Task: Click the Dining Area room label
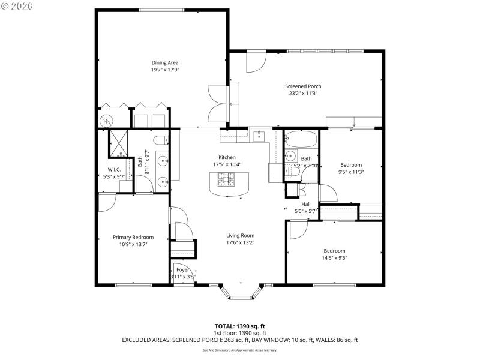click(x=164, y=62)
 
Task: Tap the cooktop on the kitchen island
click(x=228, y=178)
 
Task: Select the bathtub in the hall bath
click(x=300, y=140)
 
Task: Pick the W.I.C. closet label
click(x=115, y=169)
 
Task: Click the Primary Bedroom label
click(x=133, y=237)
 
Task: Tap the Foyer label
click(x=182, y=270)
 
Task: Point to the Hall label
click(x=306, y=204)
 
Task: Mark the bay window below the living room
click(x=241, y=292)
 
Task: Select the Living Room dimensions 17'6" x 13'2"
click(x=240, y=242)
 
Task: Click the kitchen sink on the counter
click(x=259, y=136)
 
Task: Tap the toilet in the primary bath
click(x=160, y=142)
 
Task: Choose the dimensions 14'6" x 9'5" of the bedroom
click(x=334, y=258)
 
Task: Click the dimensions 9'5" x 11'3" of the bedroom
click(x=352, y=172)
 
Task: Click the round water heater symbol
click(x=106, y=120)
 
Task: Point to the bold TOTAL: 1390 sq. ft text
click(x=240, y=326)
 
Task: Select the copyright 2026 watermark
click(x=17, y=5)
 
